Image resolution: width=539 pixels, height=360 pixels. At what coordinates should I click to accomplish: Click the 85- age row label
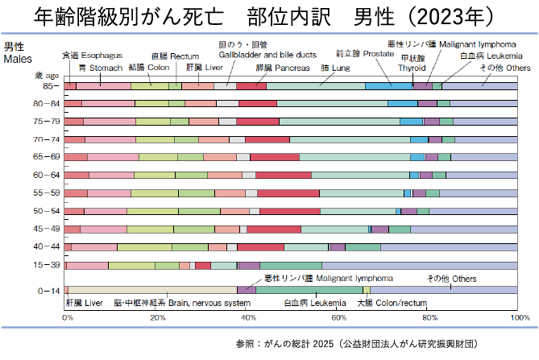click(x=48, y=85)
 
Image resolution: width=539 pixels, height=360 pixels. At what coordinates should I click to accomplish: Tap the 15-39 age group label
click(x=45, y=265)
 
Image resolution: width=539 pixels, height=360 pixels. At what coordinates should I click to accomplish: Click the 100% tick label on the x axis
click(x=520, y=317)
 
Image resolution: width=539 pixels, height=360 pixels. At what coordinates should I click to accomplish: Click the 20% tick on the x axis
click(x=159, y=317)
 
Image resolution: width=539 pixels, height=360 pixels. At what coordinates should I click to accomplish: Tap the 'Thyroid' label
click(x=413, y=68)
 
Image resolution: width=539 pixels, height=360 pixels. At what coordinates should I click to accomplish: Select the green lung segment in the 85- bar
click(x=314, y=85)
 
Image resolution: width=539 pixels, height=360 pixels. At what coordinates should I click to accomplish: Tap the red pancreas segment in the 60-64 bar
click(x=283, y=175)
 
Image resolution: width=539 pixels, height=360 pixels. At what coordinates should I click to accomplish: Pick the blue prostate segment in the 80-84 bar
click(x=402, y=103)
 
